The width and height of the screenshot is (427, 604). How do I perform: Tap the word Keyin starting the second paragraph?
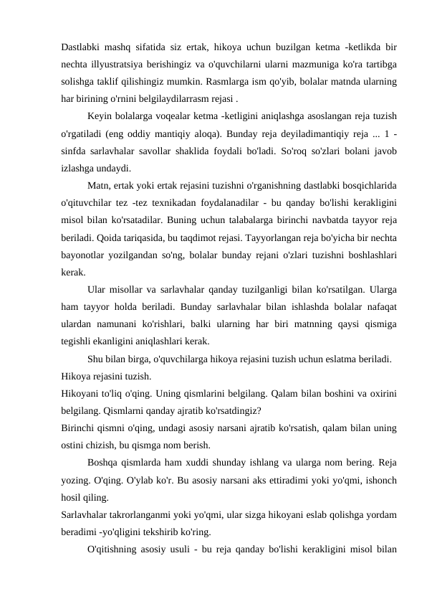pyautogui.click(x=100, y=115)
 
